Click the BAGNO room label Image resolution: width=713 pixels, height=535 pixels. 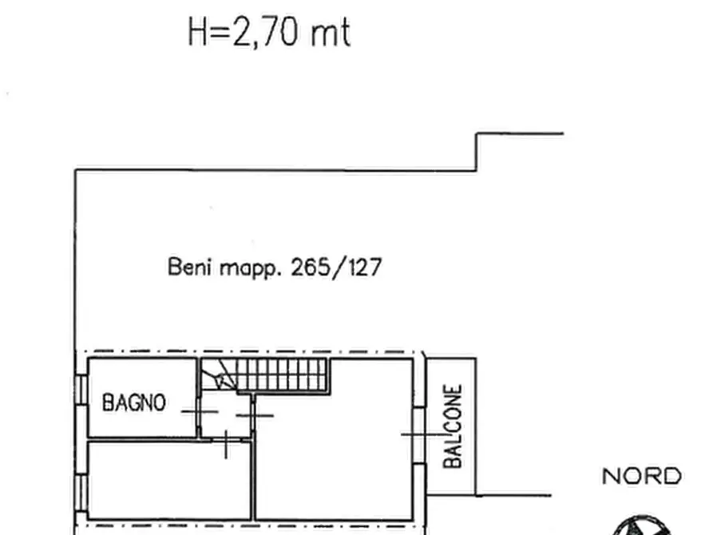click(x=134, y=402)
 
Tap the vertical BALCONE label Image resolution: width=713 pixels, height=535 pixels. click(x=452, y=426)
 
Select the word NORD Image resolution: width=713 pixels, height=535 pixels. click(x=641, y=478)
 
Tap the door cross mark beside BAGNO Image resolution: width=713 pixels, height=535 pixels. click(x=199, y=410)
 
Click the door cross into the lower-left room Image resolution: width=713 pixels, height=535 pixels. click(x=226, y=445)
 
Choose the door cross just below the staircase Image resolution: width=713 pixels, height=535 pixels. click(x=255, y=415)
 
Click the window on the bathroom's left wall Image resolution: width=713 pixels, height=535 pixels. click(x=81, y=400)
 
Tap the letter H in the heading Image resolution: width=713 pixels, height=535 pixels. click(x=196, y=34)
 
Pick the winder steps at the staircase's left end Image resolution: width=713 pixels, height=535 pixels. click(x=216, y=375)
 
